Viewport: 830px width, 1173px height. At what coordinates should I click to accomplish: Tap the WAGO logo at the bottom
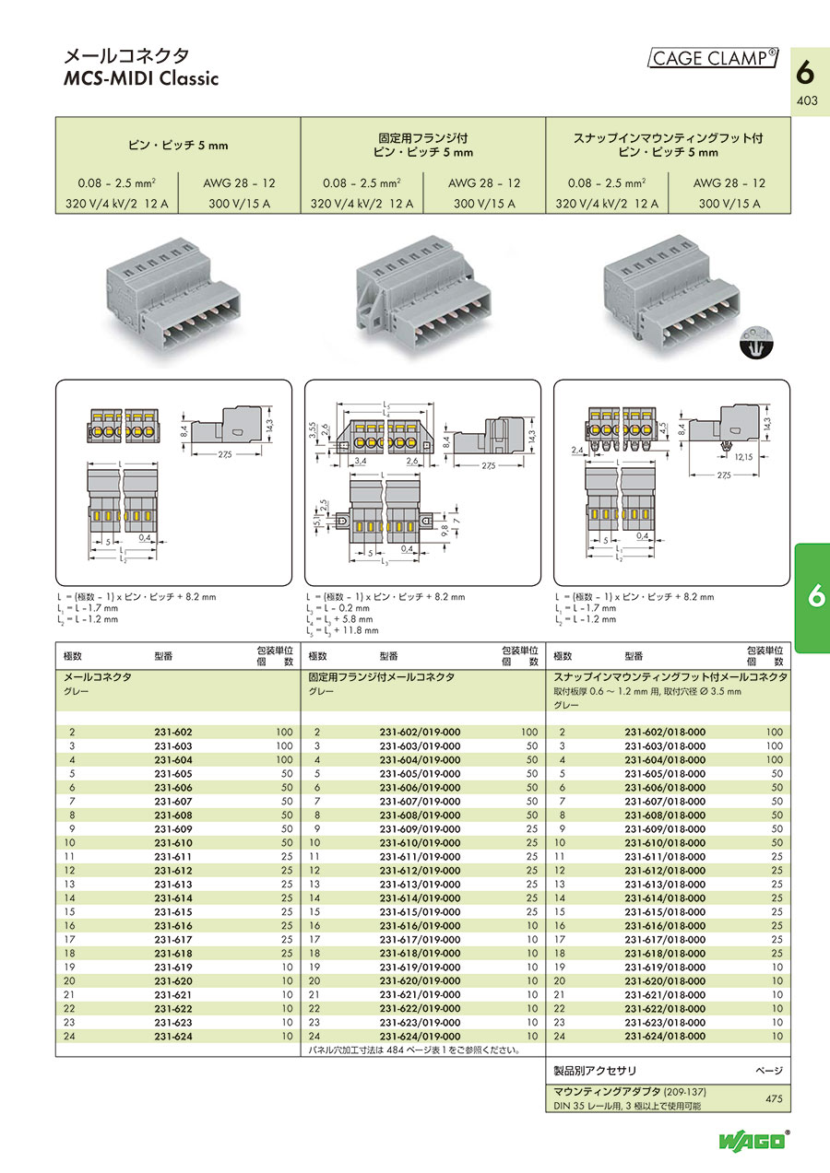pyautogui.click(x=754, y=1141)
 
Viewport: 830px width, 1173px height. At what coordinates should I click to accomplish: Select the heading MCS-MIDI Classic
pyautogui.click(x=140, y=78)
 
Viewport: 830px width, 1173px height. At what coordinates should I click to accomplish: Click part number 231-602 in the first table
pyautogui.click(x=173, y=731)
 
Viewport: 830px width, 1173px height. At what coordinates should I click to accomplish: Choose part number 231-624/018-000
pyautogui.click(x=664, y=1036)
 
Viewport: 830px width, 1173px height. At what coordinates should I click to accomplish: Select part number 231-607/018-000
pyautogui.click(x=664, y=802)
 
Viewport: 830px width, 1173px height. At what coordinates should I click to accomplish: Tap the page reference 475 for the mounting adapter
pyautogui.click(x=772, y=1098)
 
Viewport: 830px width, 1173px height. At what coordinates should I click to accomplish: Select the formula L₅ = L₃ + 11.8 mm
pyautogui.click(x=342, y=631)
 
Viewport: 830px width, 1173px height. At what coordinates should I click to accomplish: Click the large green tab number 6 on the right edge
pyautogui.click(x=813, y=597)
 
